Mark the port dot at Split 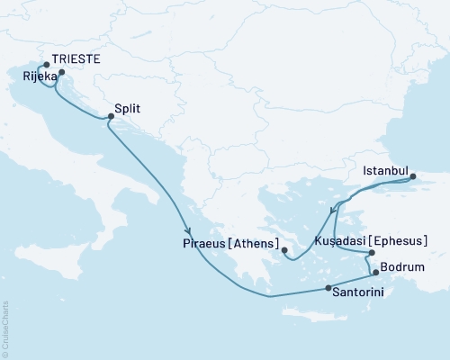111,116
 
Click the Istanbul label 386,169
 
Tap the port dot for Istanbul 415,177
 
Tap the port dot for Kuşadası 371,253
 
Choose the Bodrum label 401,267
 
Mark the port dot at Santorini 328,288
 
